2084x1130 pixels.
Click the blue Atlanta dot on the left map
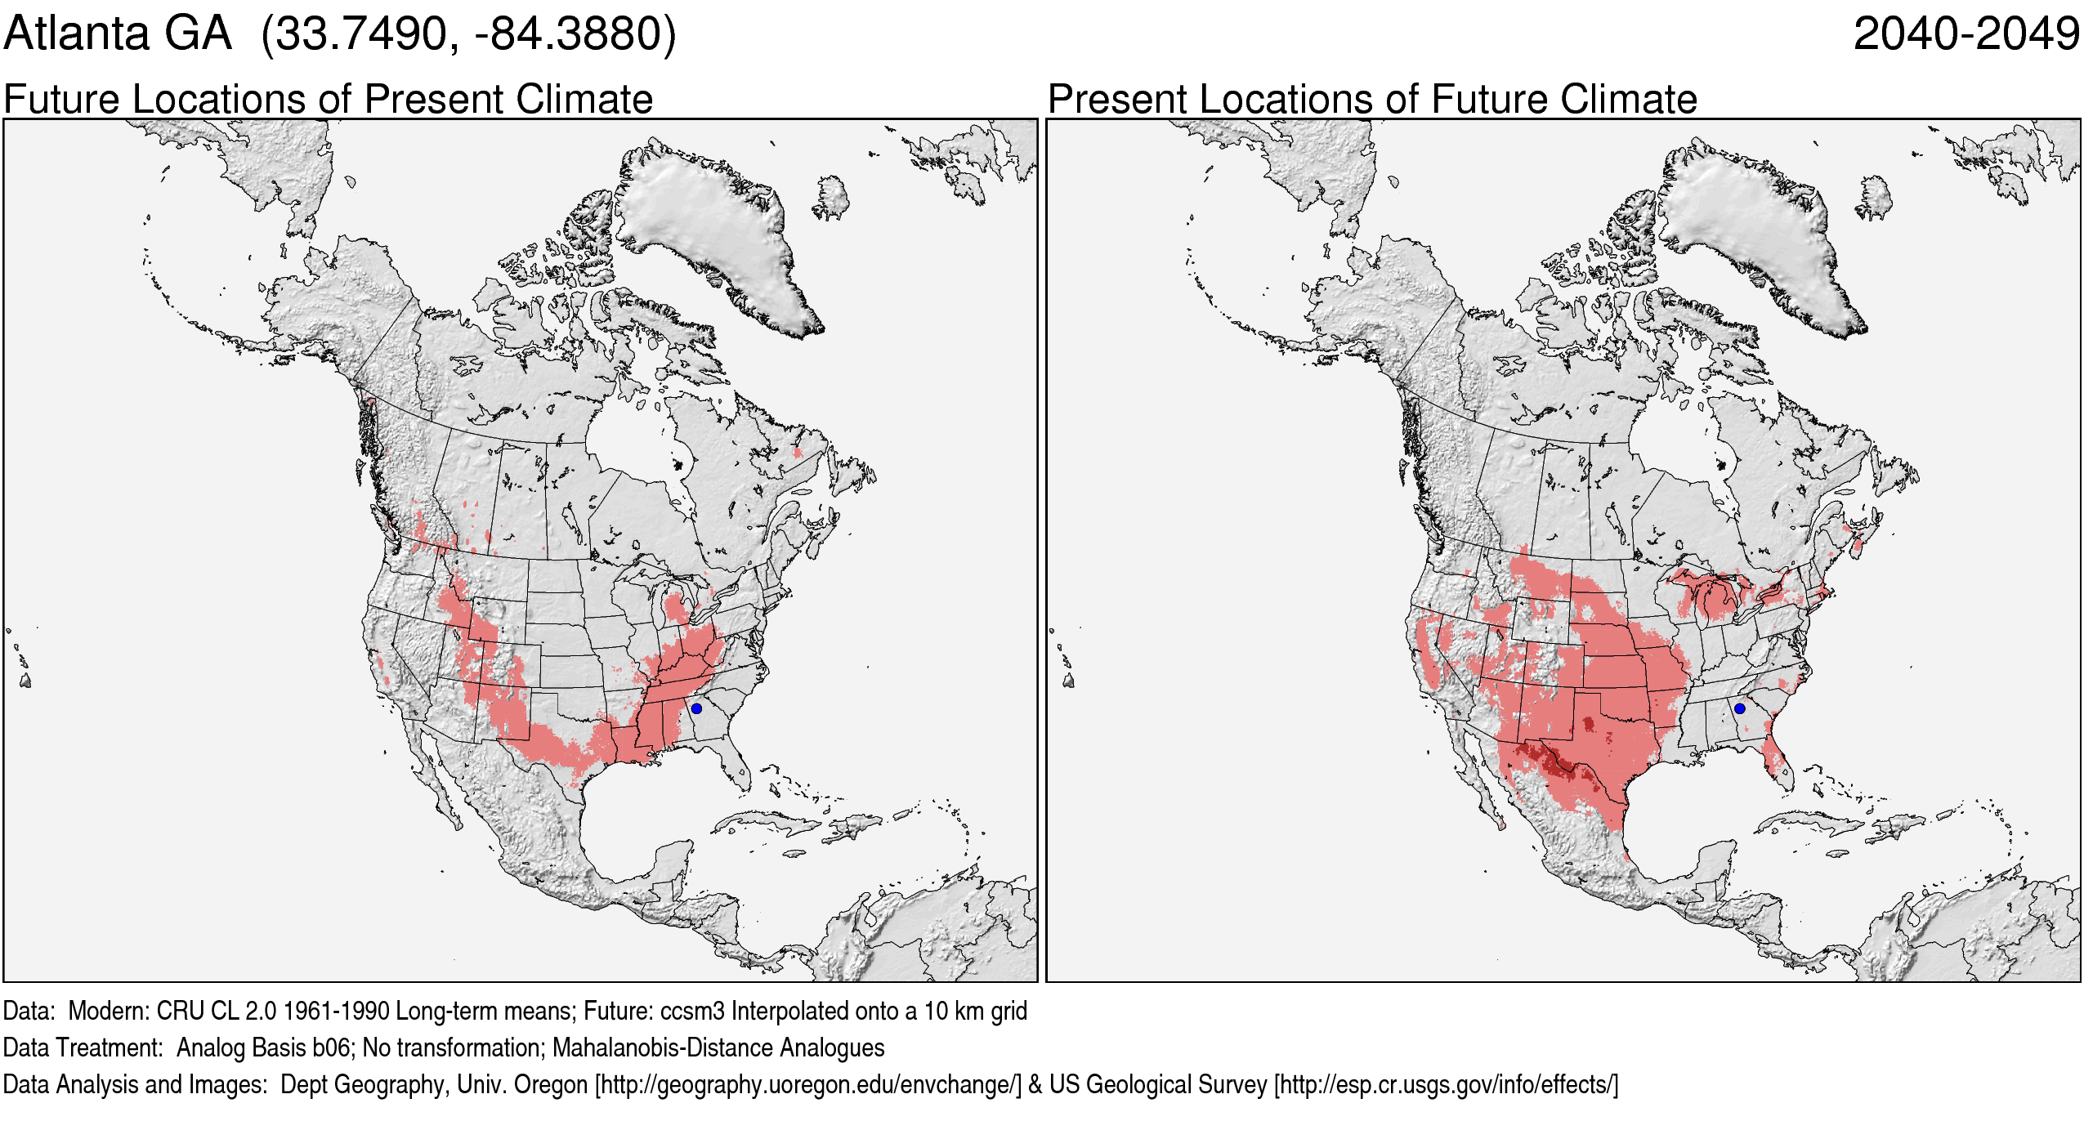(x=696, y=708)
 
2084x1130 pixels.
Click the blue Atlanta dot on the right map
(x=1739, y=708)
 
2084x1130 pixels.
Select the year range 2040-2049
(x=1965, y=34)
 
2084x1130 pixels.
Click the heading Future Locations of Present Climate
(x=328, y=100)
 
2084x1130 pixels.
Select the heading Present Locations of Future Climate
(x=1372, y=100)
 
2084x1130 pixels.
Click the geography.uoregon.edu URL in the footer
(x=808, y=1085)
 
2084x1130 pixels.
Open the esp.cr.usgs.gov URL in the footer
(x=1446, y=1085)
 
